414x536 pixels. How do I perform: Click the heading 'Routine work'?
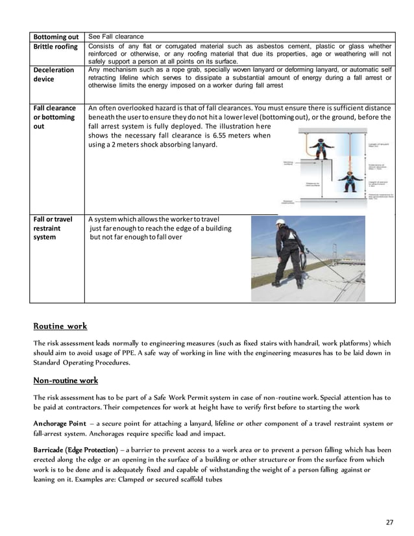[60, 326]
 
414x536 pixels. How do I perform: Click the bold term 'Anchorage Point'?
[60, 423]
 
